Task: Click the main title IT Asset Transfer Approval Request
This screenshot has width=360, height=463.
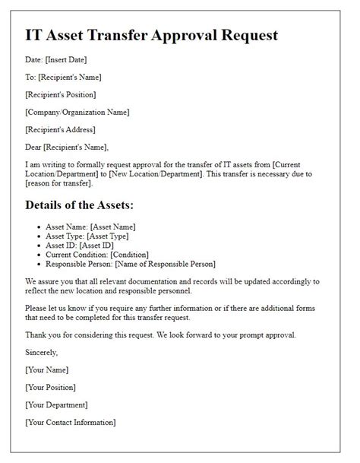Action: [152, 35]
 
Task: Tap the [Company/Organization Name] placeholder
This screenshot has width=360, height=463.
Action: [77, 112]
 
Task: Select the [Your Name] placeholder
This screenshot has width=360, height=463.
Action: [46, 369]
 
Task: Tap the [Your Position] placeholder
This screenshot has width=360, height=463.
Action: [52, 387]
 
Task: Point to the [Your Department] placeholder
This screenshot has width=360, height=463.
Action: [56, 404]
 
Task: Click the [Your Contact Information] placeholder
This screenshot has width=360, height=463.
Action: [71, 422]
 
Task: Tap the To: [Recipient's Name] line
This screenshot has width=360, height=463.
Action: [63, 77]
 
